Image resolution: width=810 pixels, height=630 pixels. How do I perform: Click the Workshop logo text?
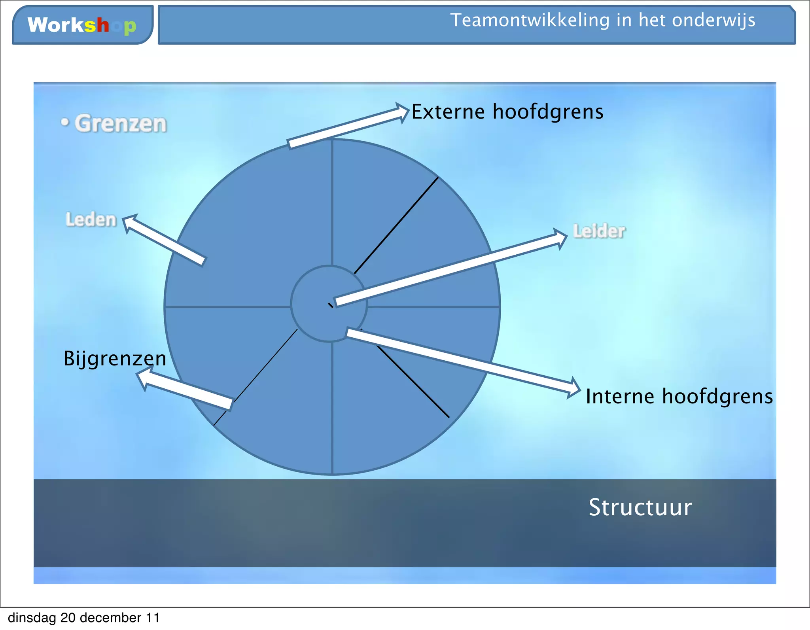[81, 25]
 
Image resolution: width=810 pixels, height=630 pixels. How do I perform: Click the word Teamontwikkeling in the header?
[530, 20]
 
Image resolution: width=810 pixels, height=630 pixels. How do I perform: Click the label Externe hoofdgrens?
[507, 112]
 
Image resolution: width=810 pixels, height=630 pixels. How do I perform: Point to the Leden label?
[91, 219]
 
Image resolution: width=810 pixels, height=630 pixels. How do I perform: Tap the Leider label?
[599, 231]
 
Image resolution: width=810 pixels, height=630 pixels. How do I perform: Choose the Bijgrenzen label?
[115, 358]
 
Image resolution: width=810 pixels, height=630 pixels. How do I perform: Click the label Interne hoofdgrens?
[679, 396]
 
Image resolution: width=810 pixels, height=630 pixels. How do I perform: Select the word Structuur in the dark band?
[640, 507]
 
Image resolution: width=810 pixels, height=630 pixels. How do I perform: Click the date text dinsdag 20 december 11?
[84, 618]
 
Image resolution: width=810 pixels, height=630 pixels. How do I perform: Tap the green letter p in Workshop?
[130, 27]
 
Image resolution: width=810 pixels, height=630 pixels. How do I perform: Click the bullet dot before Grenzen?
[65, 122]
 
